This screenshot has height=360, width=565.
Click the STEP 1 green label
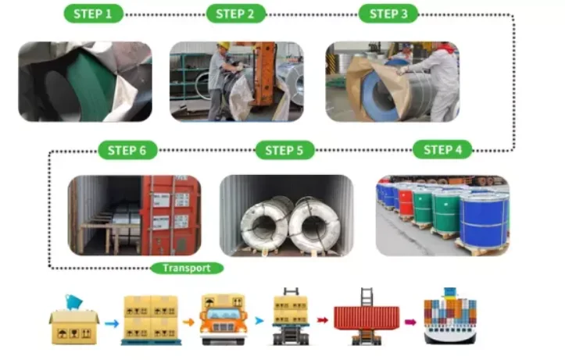[x=92, y=14]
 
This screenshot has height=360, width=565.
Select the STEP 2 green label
[x=235, y=14]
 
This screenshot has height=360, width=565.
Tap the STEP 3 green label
[x=388, y=14]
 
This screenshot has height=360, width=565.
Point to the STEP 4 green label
[x=442, y=150]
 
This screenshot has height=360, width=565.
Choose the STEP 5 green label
[x=284, y=150]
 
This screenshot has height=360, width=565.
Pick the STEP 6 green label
[x=127, y=150]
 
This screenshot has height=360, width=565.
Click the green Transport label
[x=187, y=268]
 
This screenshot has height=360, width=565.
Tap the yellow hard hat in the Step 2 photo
[x=224, y=46]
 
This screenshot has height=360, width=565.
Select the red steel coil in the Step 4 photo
[x=406, y=201]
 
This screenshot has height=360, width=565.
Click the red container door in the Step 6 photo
[x=170, y=214]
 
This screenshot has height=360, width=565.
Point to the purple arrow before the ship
[x=409, y=321]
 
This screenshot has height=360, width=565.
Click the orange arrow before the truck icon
[x=188, y=321]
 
